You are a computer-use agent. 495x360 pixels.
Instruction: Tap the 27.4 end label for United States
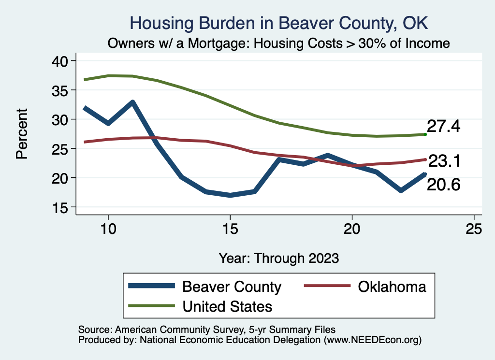[x=443, y=127]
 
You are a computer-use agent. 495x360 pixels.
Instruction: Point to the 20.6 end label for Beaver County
[x=443, y=184]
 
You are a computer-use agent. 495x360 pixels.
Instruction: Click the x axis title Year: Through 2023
[x=279, y=258]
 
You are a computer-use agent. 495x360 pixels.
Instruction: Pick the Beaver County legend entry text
[x=232, y=287]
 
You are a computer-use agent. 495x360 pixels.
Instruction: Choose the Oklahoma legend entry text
[x=392, y=287]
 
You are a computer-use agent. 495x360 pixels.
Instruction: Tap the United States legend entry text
[x=227, y=306]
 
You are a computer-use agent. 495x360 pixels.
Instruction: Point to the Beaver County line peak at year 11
[x=132, y=102]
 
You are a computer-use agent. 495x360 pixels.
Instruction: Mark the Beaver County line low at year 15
[x=230, y=195]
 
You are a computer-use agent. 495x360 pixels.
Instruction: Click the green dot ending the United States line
[x=425, y=134]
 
